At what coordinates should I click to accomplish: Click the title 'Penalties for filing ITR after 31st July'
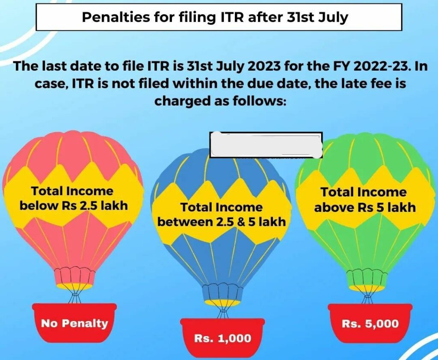coord(219,18)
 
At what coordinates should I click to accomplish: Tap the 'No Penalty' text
coord(74,323)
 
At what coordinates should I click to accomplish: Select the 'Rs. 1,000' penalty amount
coord(222,339)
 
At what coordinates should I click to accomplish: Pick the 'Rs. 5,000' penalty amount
coord(370,324)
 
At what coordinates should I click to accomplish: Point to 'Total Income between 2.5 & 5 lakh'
coord(222,215)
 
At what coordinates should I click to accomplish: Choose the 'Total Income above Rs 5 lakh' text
coord(364,200)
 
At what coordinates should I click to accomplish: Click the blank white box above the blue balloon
coord(266,144)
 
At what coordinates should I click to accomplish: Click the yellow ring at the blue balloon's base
coord(222,303)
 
